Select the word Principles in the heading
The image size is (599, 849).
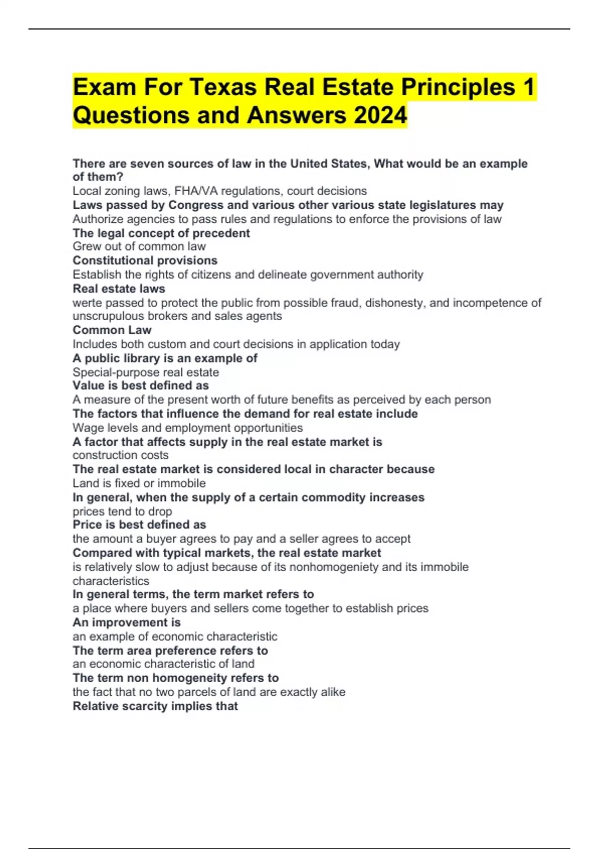click(x=458, y=87)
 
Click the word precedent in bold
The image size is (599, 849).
click(x=221, y=233)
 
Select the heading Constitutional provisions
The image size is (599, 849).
click(x=145, y=261)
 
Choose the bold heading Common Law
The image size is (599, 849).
click(x=112, y=330)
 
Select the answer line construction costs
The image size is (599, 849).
click(x=120, y=455)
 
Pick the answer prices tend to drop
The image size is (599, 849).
click(x=122, y=511)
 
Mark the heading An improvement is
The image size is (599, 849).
click(x=126, y=623)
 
